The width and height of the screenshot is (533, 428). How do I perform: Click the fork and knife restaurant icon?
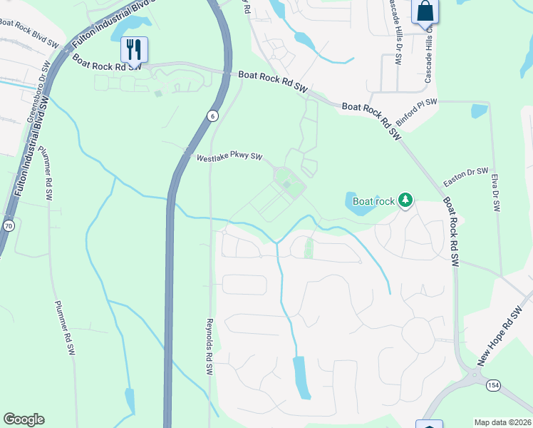pyautogui.click(x=134, y=49)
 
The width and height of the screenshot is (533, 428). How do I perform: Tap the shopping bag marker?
pyautogui.click(x=424, y=12)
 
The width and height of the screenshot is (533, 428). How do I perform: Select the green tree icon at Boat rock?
pyautogui.click(x=405, y=200)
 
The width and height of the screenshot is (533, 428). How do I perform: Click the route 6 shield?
pyautogui.click(x=212, y=116)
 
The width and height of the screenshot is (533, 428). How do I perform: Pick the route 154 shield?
pyautogui.click(x=492, y=385)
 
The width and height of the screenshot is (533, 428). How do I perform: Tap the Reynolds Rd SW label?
pyautogui.click(x=209, y=347)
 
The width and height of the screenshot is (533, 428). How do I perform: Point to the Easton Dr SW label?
pyautogui.click(x=465, y=177)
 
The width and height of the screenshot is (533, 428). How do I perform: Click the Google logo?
pyautogui.click(x=24, y=419)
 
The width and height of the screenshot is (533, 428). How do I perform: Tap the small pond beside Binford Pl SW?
pyautogui.click(x=480, y=111)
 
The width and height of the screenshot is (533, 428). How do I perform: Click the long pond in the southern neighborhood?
pyautogui.click(x=302, y=377)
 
